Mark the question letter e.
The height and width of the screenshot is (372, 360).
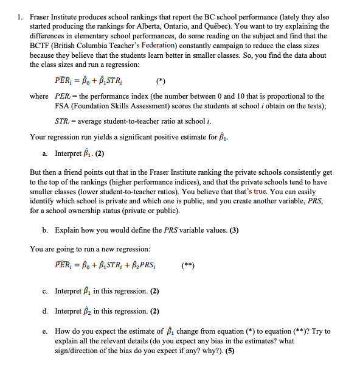tap(45, 331)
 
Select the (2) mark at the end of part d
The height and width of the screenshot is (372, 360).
tap(154, 311)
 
